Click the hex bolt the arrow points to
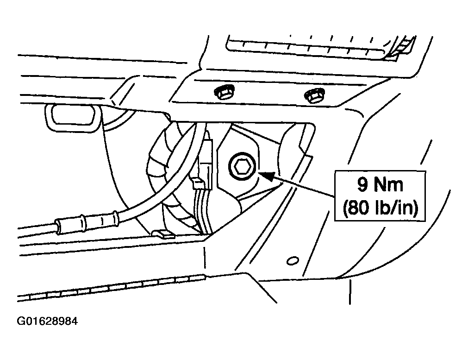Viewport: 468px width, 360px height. (x=241, y=167)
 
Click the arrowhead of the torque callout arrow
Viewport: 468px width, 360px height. (x=265, y=176)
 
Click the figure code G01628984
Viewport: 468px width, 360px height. (x=47, y=321)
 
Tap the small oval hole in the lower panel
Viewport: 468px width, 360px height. (x=293, y=261)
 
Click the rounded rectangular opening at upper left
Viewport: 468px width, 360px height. (x=72, y=118)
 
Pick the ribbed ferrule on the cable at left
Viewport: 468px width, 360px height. (x=87, y=221)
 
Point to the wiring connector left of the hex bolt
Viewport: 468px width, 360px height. (x=206, y=163)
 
